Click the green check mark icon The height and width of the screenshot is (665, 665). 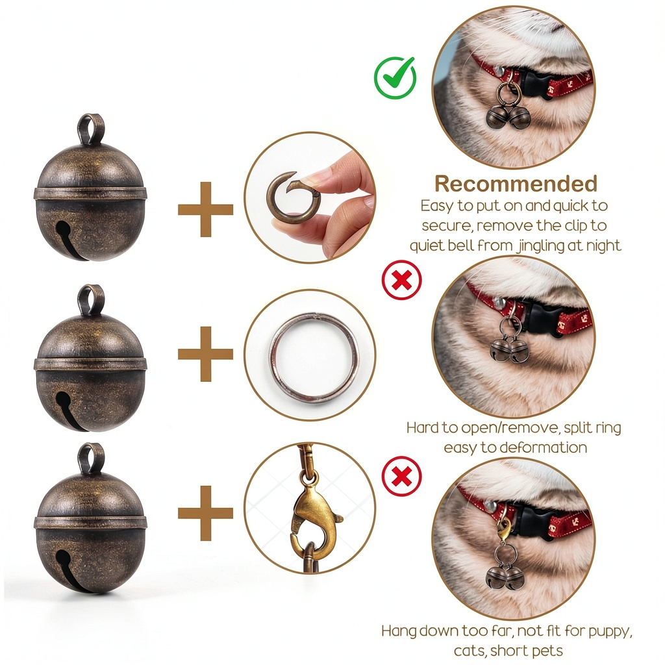395,78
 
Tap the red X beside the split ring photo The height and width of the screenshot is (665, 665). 401,280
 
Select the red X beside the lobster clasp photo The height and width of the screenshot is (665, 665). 401,476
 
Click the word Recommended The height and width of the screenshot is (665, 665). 516,184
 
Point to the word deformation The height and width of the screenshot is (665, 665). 544,447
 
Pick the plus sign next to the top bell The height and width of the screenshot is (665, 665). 206,209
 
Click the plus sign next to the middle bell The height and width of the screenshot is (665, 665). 206,354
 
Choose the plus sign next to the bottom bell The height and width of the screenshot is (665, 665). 206,513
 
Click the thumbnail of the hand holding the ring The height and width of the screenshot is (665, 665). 310,197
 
